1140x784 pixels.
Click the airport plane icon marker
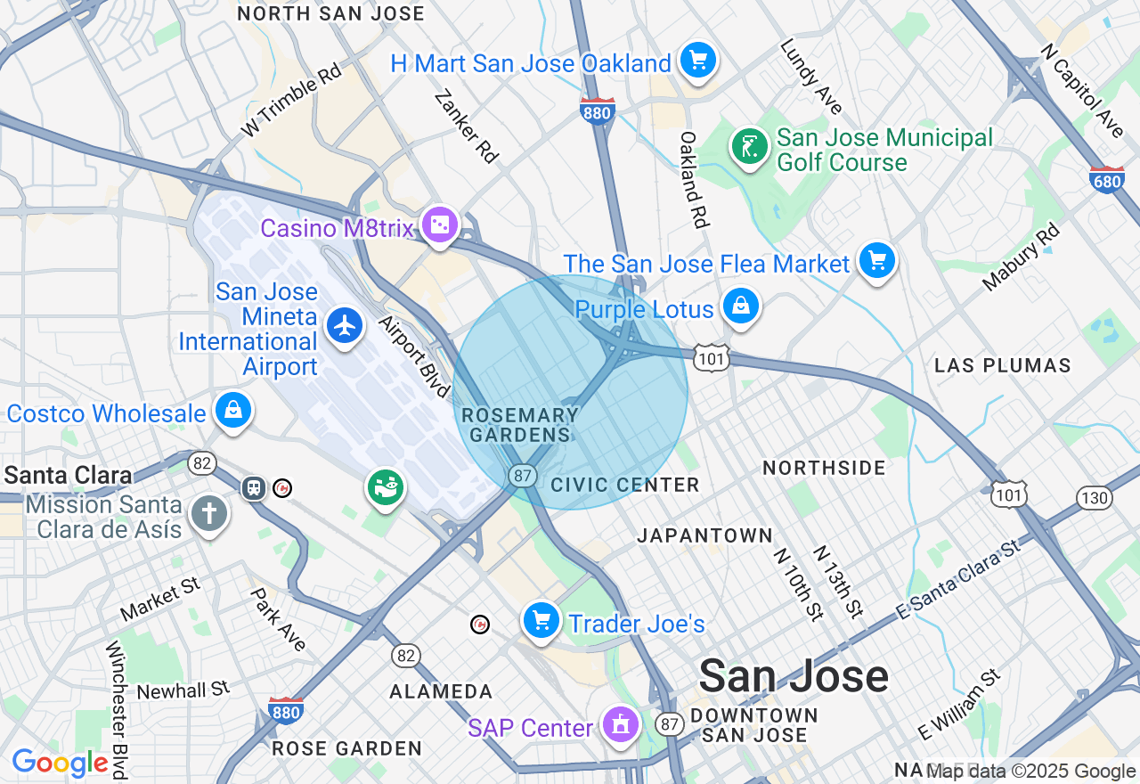pyautogui.click(x=345, y=325)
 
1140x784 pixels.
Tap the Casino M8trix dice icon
pyautogui.click(x=440, y=225)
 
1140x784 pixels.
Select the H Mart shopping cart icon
pyautogui.click(x=698, y=61)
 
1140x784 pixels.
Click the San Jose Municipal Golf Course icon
pyautogui.click(x=749, y=147)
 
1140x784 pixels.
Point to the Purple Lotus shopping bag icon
pyautogui.click(x=740, y=306)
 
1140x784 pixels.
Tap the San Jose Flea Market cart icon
pyautogui.click(x=877, y=260)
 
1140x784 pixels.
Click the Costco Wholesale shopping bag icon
pyautogui.click(x=233, y=410)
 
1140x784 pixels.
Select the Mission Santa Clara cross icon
pyautogui.click(x=209, y=513)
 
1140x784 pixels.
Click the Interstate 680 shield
pyautogui.click(x=1106, y=179)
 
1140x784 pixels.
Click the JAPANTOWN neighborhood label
pyautogui.click(x=704, y=535)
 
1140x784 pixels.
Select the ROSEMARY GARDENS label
pyautogui.click(x=520, y=425)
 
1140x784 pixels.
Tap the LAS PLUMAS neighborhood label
pyautogui.click(x=1002, y=365)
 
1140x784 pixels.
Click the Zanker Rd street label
pyautogui.click(x=466, y=125)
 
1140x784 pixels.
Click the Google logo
pyautogui.click(x=61, y=763)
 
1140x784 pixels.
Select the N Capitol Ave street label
pyautogui.click(x=1081, y=87)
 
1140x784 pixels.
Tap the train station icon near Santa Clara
pyautogui.click(x=255, y=487)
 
